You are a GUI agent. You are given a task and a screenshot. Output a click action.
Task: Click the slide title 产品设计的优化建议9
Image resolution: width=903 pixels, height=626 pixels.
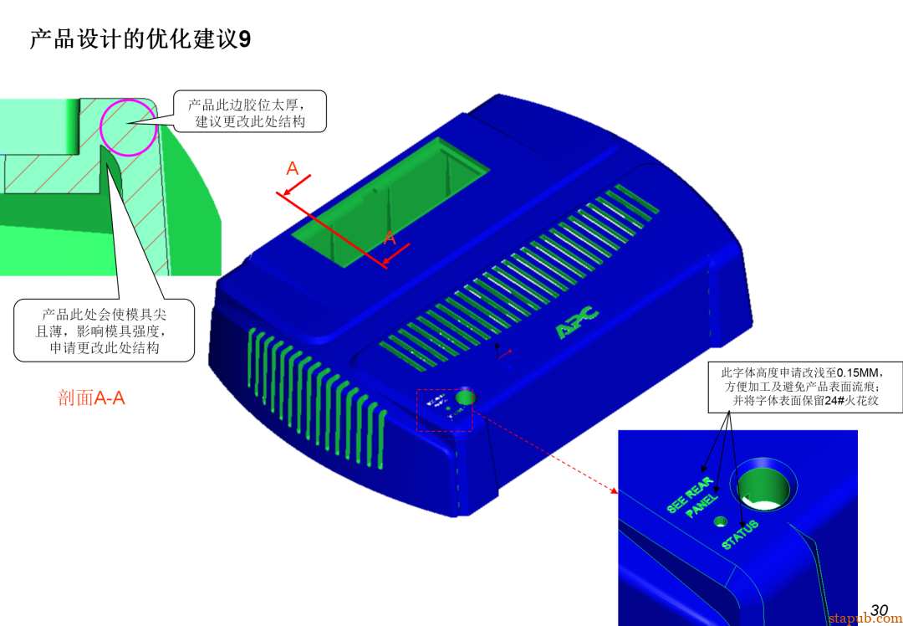[x=140, y=39]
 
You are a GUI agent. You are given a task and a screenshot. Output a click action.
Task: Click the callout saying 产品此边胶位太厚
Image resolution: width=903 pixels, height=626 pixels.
[x=250, y=112]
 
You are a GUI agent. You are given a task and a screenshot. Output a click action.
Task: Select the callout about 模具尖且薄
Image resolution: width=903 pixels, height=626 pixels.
[x=105, y=331]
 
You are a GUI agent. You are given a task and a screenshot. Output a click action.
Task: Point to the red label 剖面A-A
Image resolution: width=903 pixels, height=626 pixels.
[x=91, y=398]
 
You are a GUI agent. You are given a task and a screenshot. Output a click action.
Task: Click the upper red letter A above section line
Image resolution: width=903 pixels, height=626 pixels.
[x=293, y=169]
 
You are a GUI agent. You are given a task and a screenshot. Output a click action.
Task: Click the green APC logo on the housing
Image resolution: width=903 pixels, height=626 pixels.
[x=578, y=322]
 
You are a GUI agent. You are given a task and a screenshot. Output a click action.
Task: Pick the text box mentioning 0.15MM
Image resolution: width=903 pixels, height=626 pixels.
[x=805, y=386]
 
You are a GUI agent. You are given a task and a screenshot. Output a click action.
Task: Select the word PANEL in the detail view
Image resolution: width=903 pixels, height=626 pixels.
[x=701, y=506]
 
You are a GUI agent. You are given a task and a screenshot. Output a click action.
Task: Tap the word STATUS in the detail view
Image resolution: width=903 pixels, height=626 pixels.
[x=740, y=535]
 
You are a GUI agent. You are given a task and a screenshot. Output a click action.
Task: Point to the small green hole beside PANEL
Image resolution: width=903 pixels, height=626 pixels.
[x=719, y=521]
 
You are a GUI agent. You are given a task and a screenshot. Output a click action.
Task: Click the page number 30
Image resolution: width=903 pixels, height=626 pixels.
[x=879, y=610]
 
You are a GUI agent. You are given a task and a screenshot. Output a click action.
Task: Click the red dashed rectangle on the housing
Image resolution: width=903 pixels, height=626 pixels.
[x=445, y=410]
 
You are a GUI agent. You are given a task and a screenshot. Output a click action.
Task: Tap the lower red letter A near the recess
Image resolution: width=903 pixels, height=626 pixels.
[x=390, y=238]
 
